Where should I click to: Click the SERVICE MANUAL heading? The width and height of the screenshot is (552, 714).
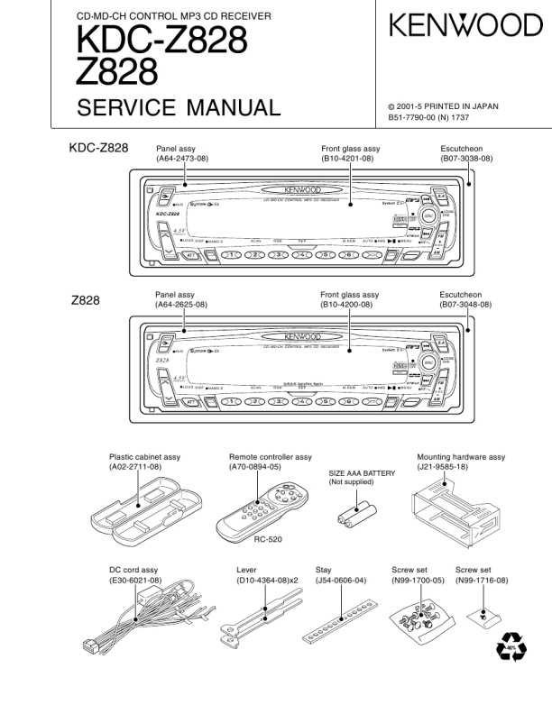click(x=179, y=109)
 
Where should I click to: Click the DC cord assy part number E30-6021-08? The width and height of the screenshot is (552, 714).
click(x=135, y=581)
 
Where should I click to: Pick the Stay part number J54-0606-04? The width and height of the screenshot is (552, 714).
click(x=341, y=581)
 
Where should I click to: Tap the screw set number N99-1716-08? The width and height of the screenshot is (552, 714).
click(x=482, y=581)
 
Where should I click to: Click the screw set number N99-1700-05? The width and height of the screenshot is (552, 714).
click(x=418, y=581)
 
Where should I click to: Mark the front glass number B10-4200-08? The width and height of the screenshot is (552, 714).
click(x=349, y=305)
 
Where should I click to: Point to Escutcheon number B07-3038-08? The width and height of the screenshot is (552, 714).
click(x=466, y=158)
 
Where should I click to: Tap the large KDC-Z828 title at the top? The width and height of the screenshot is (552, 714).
click(x=161, y=41)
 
